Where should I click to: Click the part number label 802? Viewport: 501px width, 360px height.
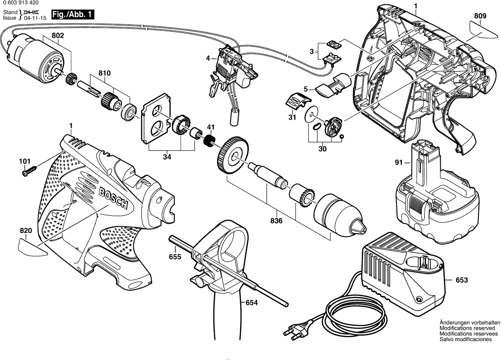(x=58, y=35)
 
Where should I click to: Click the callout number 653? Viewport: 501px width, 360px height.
(x=461, y=280)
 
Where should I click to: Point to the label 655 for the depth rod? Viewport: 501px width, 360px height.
(x=175, y=257)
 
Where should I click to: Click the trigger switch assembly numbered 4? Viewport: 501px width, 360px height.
(x=231, y=75)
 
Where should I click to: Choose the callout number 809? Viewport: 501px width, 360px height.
(x=480, y=16)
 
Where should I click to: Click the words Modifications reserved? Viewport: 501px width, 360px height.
(x=467, y=327)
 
